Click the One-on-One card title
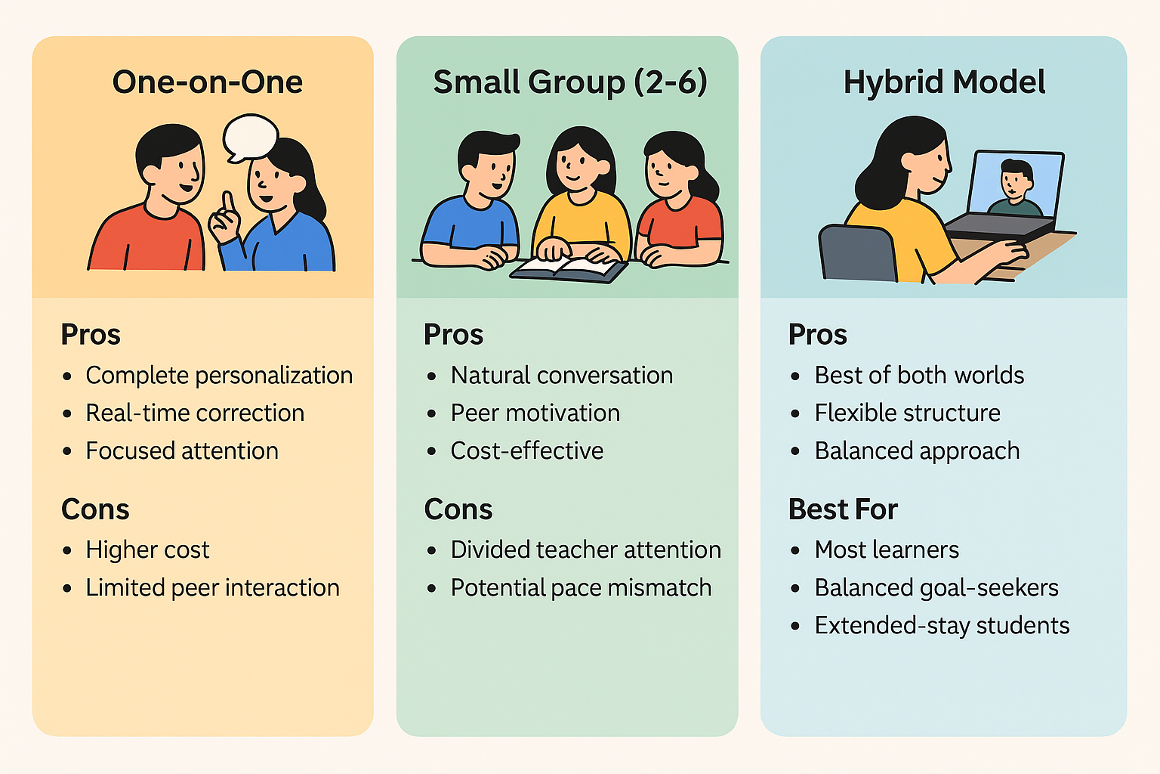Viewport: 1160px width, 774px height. (x=208, y=82)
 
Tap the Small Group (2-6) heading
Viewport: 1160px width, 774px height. (x=570, y=82)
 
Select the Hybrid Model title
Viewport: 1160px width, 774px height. (x=944, y=82)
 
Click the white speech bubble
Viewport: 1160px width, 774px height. (x=250, y=136)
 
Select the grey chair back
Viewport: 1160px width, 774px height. (x=858, y=253)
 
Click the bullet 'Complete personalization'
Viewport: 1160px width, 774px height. (x=219, y=376)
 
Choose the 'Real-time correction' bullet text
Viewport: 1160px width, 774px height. (x=195, y=413)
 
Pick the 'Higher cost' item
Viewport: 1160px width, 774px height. (x=147, y=550)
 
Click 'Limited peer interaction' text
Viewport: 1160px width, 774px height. (x=212, y=588)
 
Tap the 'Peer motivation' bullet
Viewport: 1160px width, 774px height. (x=535, y=413)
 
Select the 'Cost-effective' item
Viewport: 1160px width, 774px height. (x=526, y=451)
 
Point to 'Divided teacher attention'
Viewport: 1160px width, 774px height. (x=585, y=550)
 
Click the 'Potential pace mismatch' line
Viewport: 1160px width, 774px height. (x=581, y=588)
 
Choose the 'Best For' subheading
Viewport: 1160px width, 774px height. (x=843, y=509)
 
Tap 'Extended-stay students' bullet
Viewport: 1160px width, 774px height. (x=942, y=626)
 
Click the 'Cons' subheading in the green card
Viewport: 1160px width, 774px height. (x=458, y=509)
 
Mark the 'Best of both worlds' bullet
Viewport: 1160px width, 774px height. (x=919, y=376)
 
